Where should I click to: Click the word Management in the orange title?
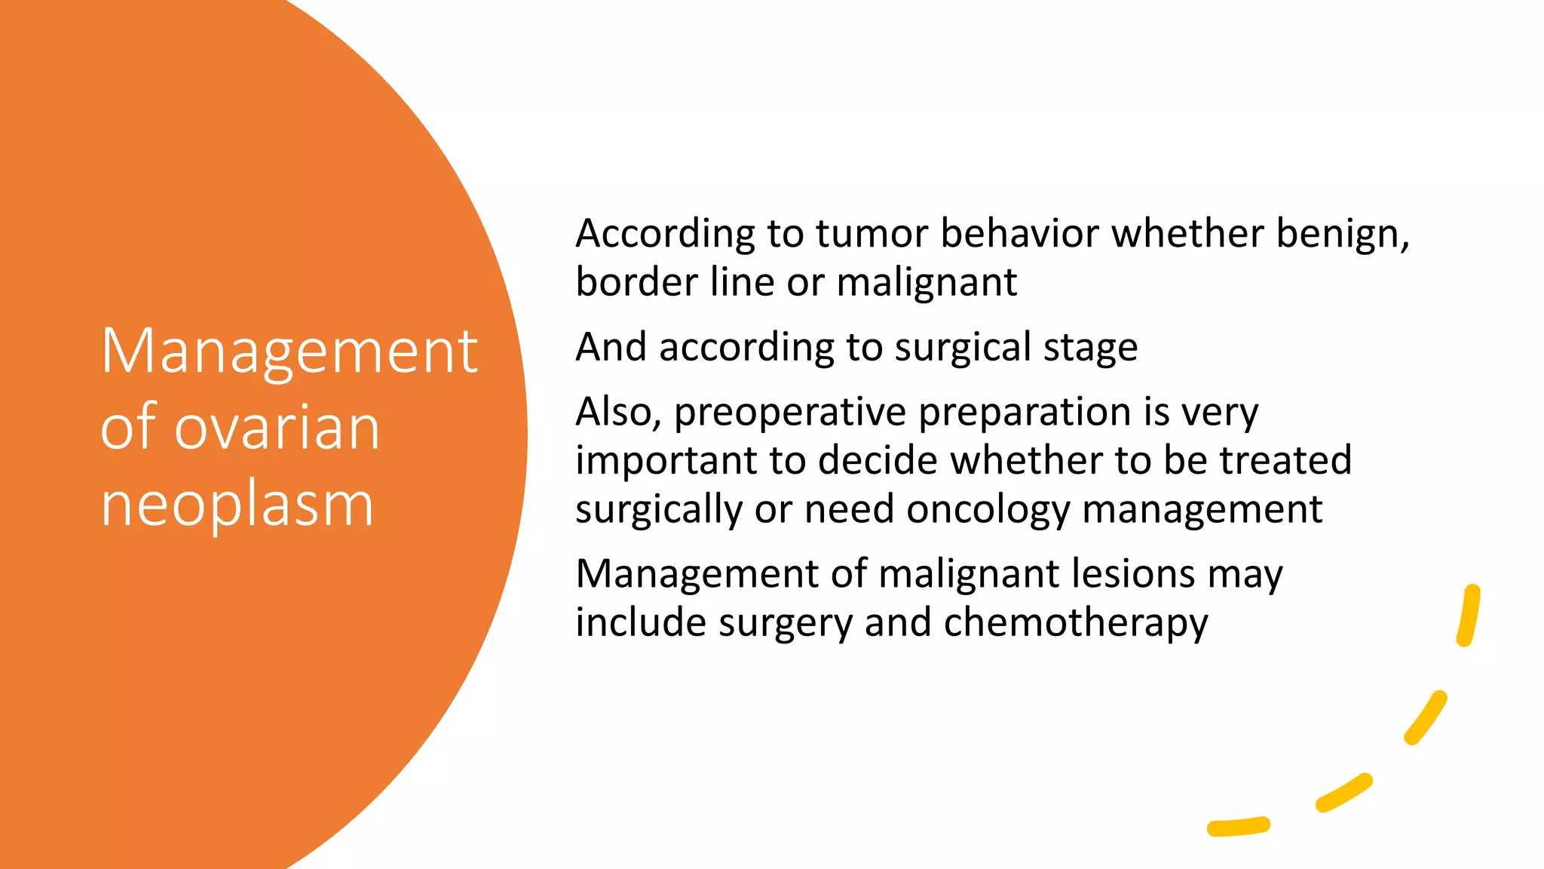[289, 352]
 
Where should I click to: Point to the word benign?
[1341, 233]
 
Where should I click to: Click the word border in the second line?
[636, 282]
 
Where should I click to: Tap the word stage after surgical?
[1090, 348]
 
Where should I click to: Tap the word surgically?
[659, 510]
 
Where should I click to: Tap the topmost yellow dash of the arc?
[1469, 615]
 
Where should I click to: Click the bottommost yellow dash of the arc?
[1238, 827]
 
